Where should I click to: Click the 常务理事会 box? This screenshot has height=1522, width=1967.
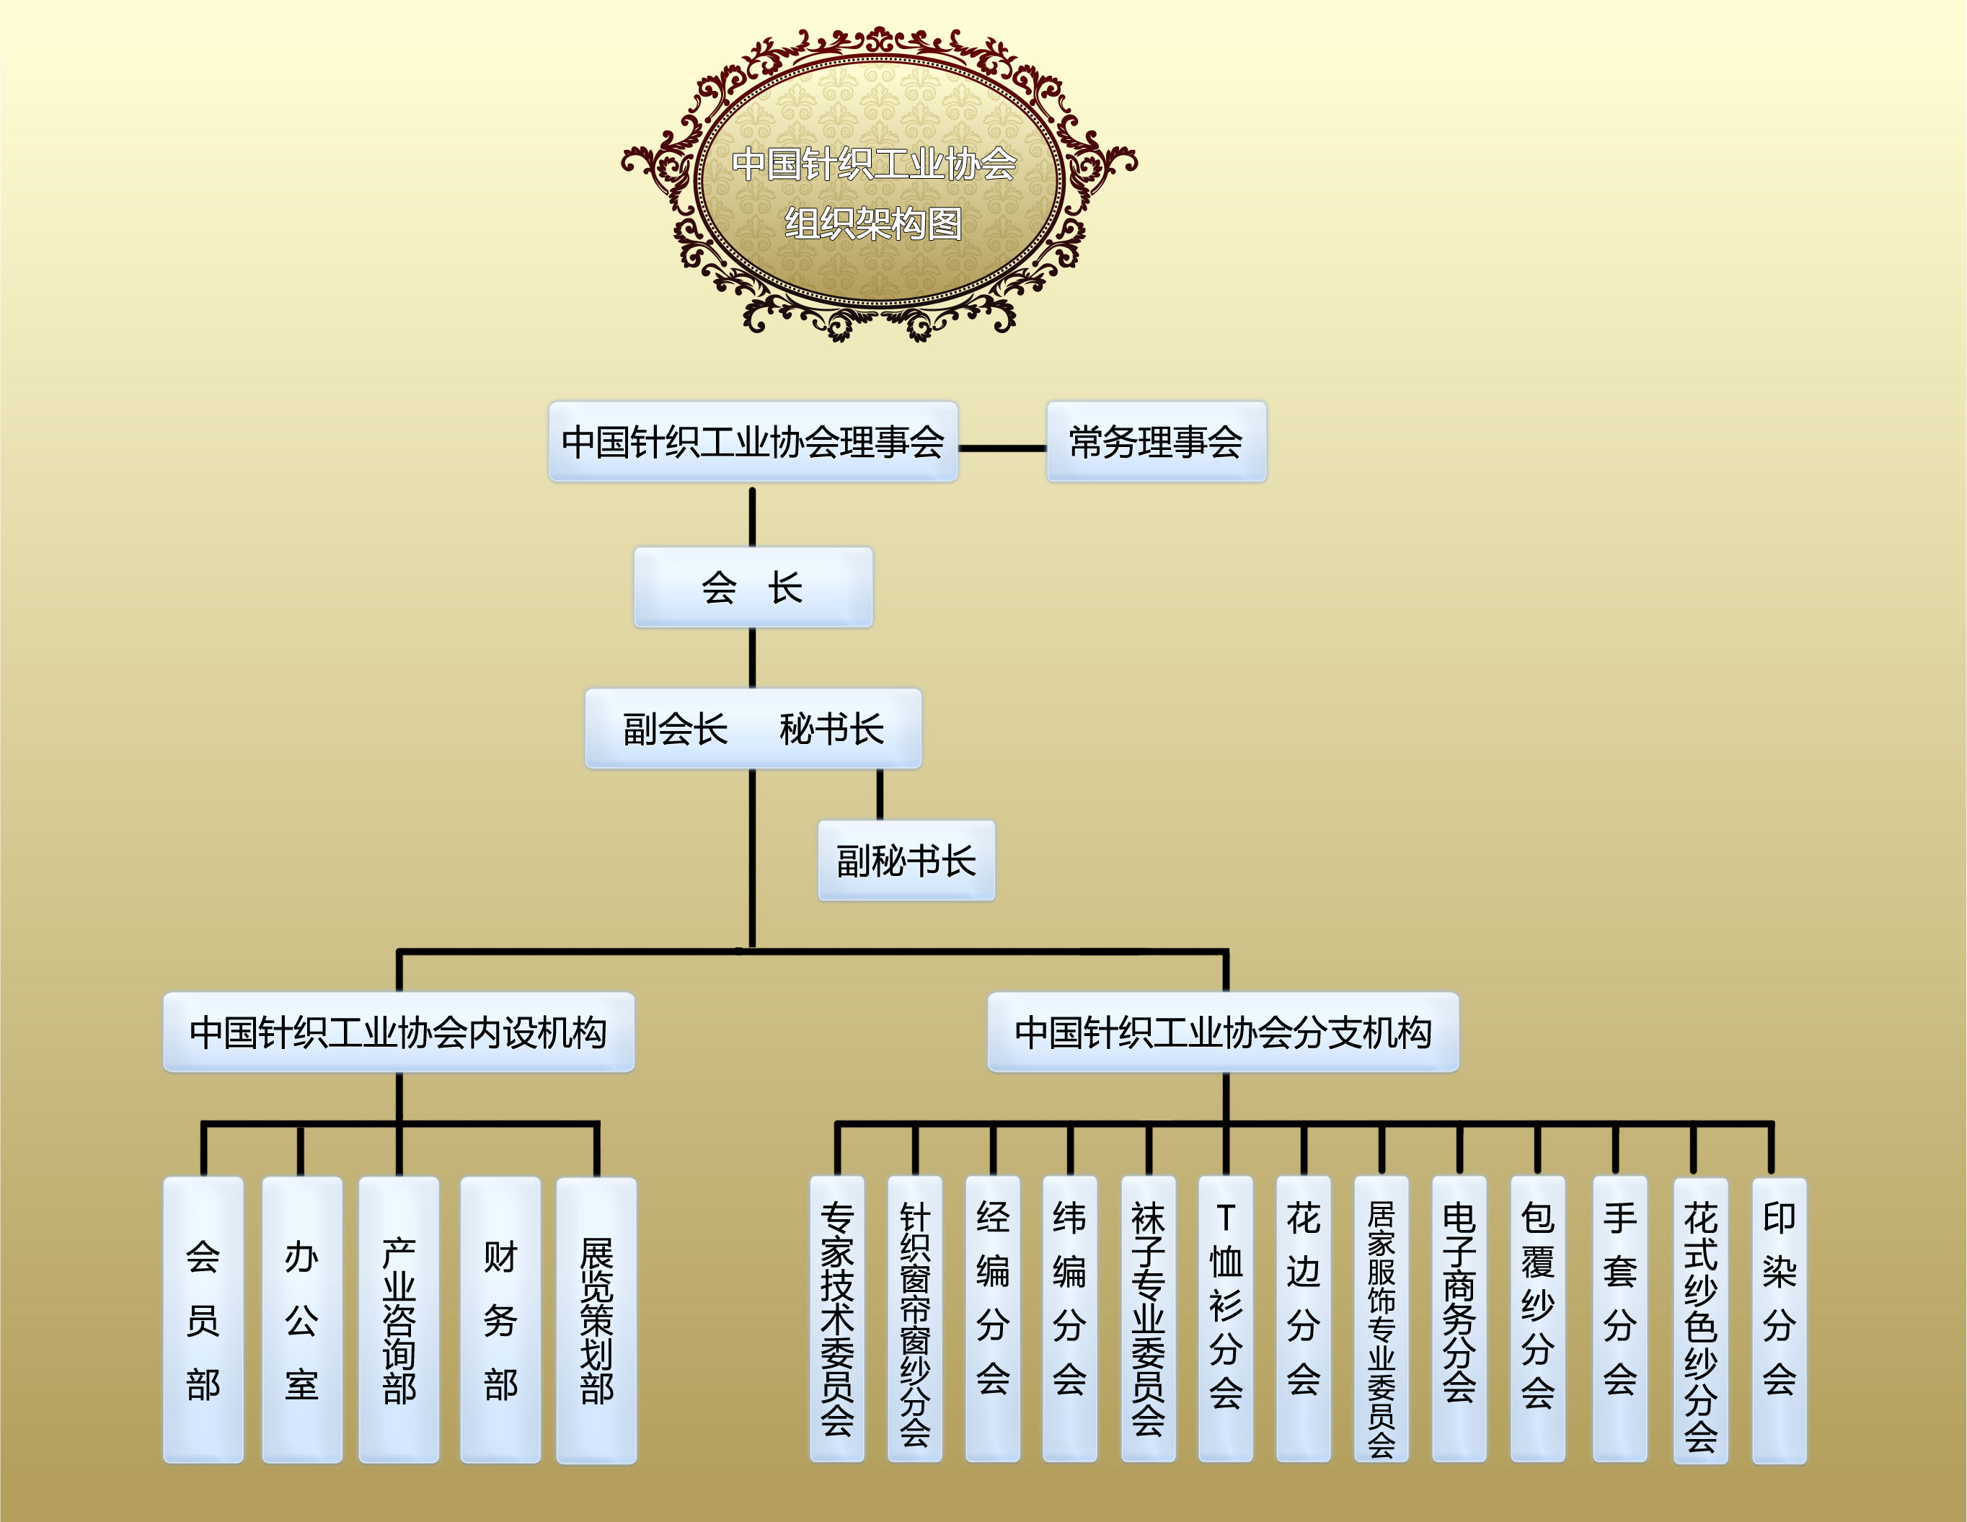[x=1157, y=441]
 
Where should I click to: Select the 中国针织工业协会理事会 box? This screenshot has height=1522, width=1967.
[x=753, y=441]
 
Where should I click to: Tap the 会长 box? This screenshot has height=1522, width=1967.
[x=753, y=587]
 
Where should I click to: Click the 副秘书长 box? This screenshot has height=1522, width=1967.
[x=906, y=860]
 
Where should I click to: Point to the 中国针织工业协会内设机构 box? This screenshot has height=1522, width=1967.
[x=399, y=1032]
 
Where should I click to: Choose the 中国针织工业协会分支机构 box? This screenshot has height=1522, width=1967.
[x=1223, y=1032]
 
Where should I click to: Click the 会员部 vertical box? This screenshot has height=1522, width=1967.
[x=203, y=1320]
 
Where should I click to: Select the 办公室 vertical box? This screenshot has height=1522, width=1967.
[x=301, y=1320]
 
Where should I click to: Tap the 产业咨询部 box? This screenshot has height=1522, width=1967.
[x=399, y=1320]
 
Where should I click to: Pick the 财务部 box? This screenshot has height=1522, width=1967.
[x=500, y=1320]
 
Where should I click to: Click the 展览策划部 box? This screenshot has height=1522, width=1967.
[x=596, y=1320]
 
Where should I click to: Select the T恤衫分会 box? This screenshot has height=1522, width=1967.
[x=1226, y=1319]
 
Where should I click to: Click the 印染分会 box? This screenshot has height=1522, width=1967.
[x=1780, y=1320]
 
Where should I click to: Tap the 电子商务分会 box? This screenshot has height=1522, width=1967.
[x=1459, y=1319]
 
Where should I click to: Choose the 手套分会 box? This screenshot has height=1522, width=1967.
[x=1620, y=1319]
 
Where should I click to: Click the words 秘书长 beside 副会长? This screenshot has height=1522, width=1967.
[x=832, y=730]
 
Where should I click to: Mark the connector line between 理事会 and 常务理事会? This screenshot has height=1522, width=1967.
[x=1002, y=448]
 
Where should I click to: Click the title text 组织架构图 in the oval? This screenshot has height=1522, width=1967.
[x=874, y=224]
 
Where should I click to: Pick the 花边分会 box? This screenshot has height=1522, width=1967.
[x=1303, y=1319]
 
